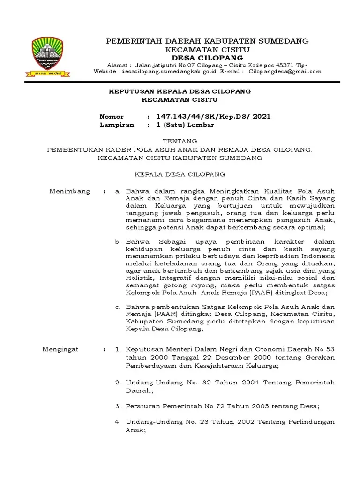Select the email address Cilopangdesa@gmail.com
(x=285, y=71)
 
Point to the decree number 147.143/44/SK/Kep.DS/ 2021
(x=213, y=116)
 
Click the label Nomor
(x=112, y=116)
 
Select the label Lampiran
(x=117, y=125)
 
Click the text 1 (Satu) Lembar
(x=185, y=125)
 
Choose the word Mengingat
(x=60, y=349)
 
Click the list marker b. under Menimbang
(x=119, y=241)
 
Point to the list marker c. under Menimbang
(x=119, y=307)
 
